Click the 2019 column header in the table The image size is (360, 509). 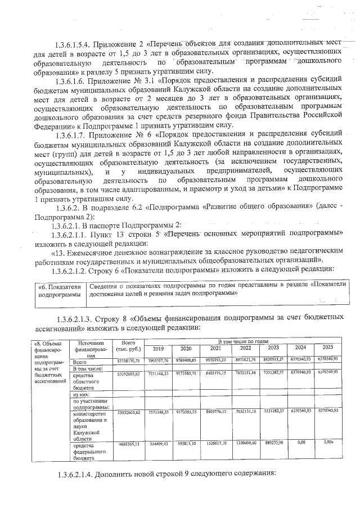click(x=158, y=348)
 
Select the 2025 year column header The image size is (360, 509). click(x=327, y=347)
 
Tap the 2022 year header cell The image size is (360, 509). click(x=246, y=348)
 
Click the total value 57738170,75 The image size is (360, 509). click(x=127, y=360)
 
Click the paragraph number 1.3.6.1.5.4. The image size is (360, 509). click(x=73, y=44)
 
